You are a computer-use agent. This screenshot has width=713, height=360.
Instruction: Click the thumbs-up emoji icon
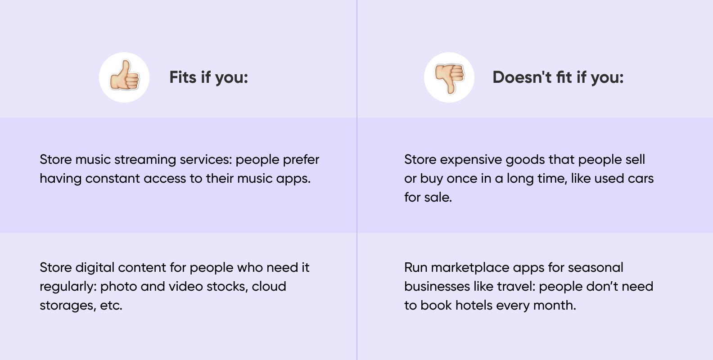coord(124,75)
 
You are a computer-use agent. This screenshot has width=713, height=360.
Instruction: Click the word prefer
coord(301,160)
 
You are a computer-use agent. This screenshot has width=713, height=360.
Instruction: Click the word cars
coord(641,179)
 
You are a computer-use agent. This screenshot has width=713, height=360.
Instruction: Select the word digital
coord(95,268)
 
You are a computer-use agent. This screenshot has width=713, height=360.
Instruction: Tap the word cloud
coord(269,287)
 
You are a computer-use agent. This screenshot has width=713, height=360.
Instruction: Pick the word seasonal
coord(595,268)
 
